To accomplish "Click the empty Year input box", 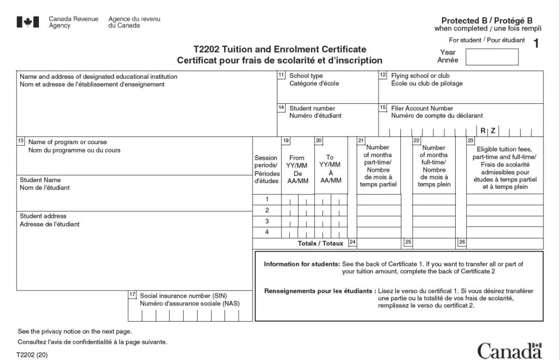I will click(492, 57).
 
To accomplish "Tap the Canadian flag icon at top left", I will click(28, 22).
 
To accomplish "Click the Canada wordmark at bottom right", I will click(510, 351).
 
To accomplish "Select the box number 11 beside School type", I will click(282, 75).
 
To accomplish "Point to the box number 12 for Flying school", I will click(383, 75).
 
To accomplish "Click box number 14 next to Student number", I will click(282, 108).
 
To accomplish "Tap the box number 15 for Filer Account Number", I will click(383, 108).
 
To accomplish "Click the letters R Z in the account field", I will click(488, 131).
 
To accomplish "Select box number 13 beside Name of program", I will click(21, 141).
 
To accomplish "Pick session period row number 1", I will click(267, 199).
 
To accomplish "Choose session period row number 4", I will click(267, 232).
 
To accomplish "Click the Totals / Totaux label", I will click(320, 243).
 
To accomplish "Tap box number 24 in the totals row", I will click(352, 242).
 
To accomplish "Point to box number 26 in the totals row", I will click(462, 242).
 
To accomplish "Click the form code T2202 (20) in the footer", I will click(32, 355).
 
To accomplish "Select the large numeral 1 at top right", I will click(536, 44).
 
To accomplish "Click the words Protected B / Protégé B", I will click(487, 21).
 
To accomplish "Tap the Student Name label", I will click(40, 180).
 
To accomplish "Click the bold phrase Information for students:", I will click(302, 264).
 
